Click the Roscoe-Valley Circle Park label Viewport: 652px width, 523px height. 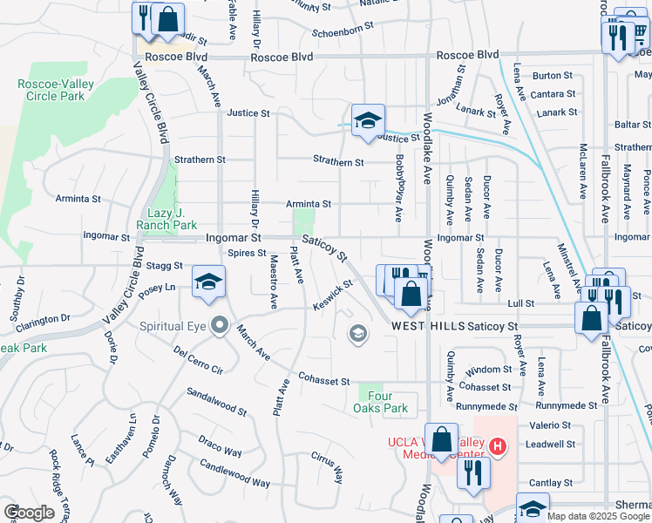tap(51, 90)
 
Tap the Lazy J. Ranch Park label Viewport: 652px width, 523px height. tap(166, 218)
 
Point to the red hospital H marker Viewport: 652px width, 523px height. tap(497, 447)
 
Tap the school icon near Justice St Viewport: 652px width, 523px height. tap(368, 120)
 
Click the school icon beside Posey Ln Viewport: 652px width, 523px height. tap(209, 282)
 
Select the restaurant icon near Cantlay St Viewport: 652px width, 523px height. tap(474, 473)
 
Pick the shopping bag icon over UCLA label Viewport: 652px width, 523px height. tap(443, 439)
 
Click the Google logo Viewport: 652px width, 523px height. tap(29, 513)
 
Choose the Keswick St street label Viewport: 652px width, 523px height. tap(334, 293)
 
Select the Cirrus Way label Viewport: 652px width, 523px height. tap(327, 468)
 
